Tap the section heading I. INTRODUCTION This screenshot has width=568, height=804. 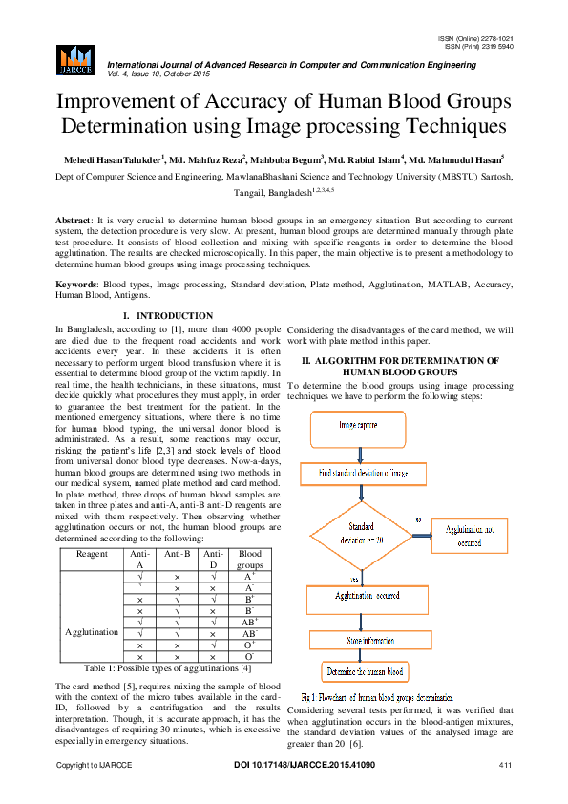[168, 315]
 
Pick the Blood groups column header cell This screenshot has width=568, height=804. [249, 559]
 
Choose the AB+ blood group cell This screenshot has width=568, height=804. [250, 621]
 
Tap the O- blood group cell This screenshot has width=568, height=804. [250, 657]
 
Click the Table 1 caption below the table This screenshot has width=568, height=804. [167, 667]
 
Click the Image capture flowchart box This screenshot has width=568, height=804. [363, 424]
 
